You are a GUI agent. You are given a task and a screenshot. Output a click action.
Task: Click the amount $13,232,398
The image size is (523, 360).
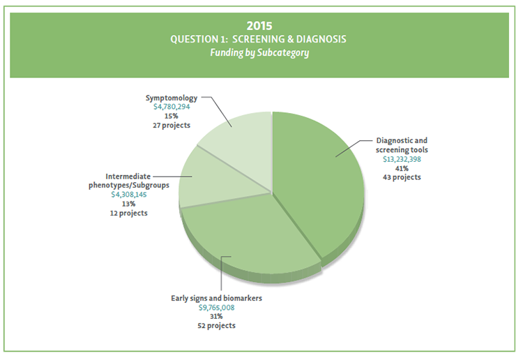[402, 159]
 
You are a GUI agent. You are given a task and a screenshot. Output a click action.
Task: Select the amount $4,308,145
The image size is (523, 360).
[129, 195]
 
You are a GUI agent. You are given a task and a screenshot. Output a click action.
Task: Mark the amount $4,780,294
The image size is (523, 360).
[172, 107]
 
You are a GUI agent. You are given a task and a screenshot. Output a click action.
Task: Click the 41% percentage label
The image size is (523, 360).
[402, 168]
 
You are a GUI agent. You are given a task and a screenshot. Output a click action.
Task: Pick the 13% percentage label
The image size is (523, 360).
[129, 204]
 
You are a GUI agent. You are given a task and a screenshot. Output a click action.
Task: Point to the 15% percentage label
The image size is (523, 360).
[172, 117]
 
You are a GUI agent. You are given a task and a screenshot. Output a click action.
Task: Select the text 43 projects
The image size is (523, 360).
[402, 177]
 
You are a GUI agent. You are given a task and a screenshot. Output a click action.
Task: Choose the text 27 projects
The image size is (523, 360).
[172, 126]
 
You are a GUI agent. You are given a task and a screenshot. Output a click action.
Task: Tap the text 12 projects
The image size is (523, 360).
[129, 213]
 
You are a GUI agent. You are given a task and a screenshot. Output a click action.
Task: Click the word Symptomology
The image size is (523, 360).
[172, 98]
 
